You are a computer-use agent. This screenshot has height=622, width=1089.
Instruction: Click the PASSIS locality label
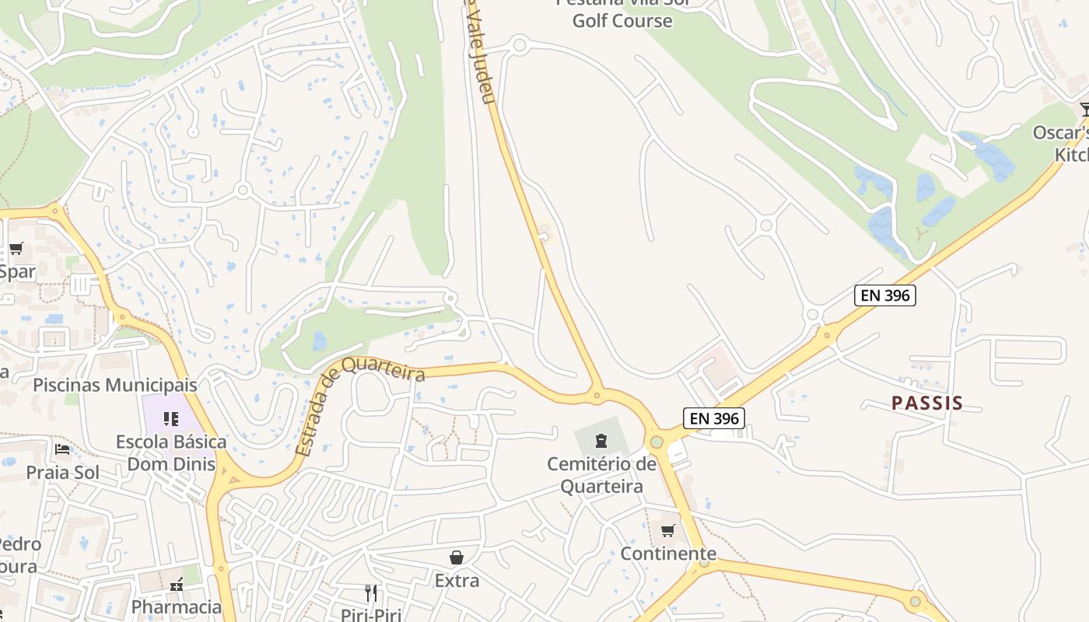[x=926, y=403]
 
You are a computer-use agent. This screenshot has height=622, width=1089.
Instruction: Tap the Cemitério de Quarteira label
[x=601, y=475]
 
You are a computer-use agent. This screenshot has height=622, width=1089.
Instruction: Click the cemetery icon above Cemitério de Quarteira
[x=601, y=442]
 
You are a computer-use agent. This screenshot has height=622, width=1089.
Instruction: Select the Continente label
[x=667, y=554]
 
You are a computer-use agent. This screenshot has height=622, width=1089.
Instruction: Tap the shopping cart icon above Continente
[x=667, y=530]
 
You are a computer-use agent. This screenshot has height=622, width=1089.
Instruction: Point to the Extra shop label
[x=457, y=580]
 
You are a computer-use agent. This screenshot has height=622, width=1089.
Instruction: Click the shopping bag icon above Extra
[x=457, y=557]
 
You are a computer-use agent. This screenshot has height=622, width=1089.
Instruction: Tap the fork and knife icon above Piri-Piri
[x=371, y=593]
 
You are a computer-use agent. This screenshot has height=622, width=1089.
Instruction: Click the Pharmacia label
[x=177, y=606]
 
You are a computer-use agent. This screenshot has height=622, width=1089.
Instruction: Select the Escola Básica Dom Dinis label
[x=171, y=453]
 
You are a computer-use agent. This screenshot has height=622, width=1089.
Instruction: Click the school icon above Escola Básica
[x=171, y=419]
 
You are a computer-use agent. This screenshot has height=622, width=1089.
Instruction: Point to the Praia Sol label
[x=62, y=472]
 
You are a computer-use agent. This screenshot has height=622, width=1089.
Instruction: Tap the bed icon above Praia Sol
[x=62, y=449]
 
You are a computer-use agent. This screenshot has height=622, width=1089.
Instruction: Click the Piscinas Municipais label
[x=115, y=385]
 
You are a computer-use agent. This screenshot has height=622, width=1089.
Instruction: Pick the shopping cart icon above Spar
[x=16, y=249]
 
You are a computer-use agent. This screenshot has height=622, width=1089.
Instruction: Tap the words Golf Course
[x=622, y=21]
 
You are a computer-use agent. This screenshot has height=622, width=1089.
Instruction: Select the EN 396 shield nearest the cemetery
[x=713, y=418]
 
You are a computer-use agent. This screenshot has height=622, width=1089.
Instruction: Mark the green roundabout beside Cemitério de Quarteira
[x=657, y=442]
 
